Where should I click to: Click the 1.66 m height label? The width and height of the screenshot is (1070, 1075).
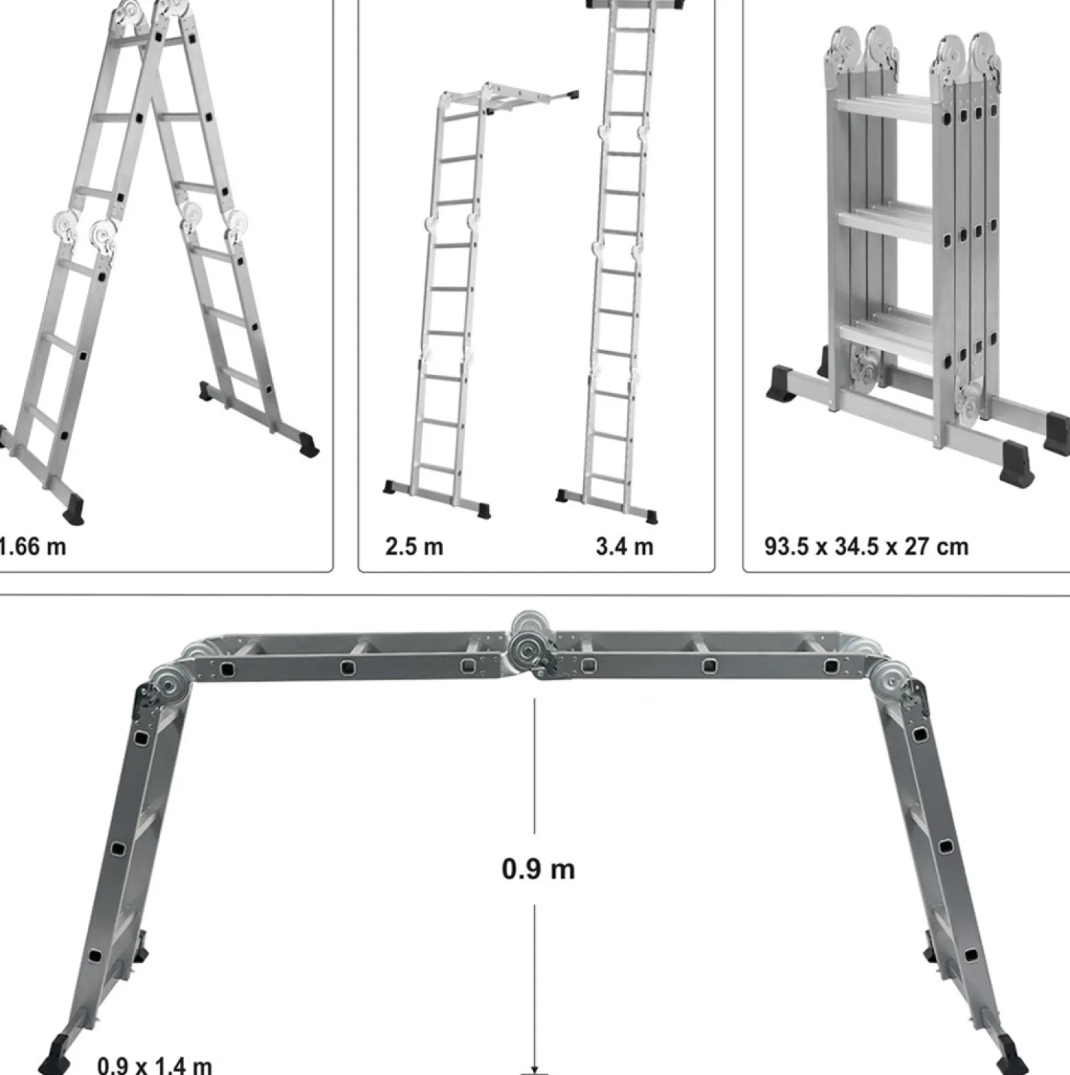coord(33,547)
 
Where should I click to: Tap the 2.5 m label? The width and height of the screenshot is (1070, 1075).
coord(415,547)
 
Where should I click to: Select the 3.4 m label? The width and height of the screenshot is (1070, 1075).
coord(624,547)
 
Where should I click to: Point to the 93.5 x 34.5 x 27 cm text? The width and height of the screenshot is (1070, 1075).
coord(866,547)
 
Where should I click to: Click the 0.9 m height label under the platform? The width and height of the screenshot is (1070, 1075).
coord(539,869)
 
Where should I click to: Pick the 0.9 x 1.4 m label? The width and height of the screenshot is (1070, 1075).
coord(154,1065)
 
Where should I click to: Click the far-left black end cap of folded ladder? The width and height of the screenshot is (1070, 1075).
coord(785,383)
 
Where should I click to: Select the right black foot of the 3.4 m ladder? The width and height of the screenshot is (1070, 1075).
coord(647,516)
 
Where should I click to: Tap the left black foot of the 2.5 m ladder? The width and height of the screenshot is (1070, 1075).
coord(390,487)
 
